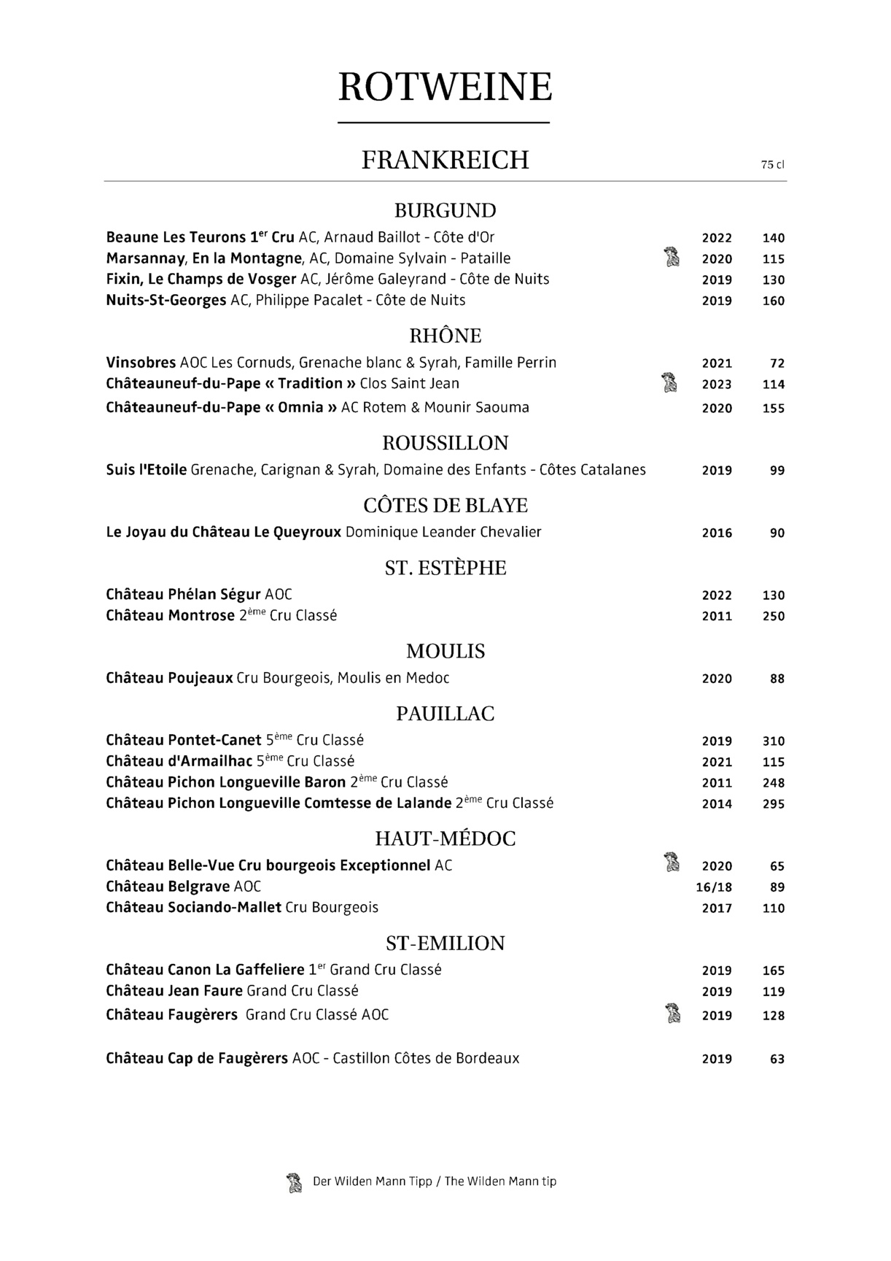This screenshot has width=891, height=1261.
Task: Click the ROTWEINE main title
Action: (445, 88)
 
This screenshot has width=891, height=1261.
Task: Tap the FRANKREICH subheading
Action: (445, 160)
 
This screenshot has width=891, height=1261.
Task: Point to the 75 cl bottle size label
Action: (772, 165)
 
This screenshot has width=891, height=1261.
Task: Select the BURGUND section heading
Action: (445, 211)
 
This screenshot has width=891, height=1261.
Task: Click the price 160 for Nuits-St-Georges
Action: (773, 301)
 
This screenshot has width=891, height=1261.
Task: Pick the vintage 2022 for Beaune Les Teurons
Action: (717, 238)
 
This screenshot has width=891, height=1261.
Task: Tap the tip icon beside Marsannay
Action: (671, 258)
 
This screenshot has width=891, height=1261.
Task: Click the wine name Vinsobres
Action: (141, 363)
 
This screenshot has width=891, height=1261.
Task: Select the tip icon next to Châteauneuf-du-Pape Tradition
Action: (669, 382)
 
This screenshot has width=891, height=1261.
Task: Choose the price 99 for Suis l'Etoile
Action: (777, 471)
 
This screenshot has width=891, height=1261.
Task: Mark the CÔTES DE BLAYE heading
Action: (445, 506)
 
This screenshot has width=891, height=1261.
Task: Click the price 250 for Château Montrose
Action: (773, 617)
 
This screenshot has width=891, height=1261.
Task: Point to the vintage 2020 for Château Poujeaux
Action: (717, 679)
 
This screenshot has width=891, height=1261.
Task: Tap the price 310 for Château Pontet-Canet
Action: (773, 741)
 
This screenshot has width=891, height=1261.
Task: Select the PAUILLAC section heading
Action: (445, 714)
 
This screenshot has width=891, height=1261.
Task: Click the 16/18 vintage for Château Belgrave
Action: (715, 887)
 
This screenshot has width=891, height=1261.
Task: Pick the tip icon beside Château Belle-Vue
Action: (672, 863)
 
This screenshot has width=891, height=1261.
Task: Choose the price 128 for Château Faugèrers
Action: (773, 1015)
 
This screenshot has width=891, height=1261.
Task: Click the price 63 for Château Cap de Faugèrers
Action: (777, 1059)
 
